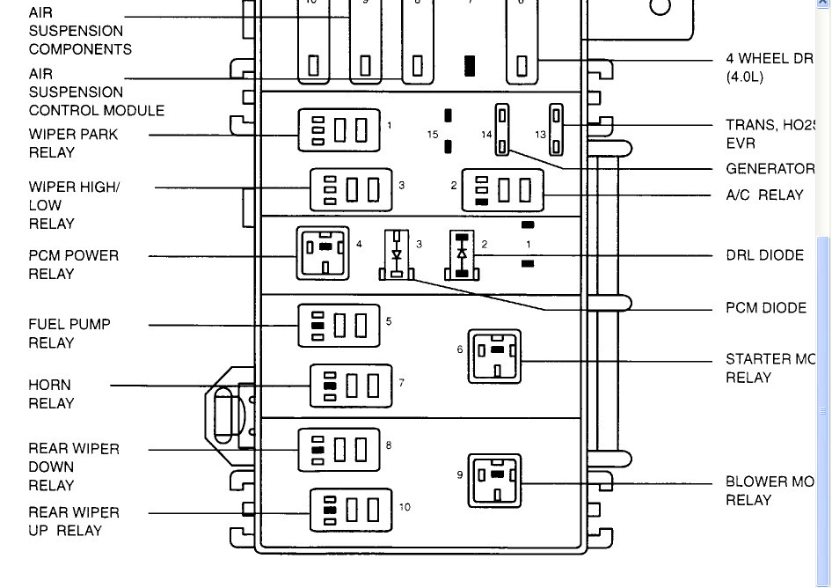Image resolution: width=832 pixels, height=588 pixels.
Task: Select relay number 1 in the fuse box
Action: coord(339,130)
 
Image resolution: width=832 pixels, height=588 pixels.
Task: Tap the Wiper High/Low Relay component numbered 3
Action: coord(350,190)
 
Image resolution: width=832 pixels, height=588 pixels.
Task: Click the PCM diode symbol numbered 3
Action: coord(397,255)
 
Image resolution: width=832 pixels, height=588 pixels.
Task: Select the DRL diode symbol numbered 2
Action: coord(462,255)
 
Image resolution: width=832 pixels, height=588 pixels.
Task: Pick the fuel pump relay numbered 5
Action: coord(339,326)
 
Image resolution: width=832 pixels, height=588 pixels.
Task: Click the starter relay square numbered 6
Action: coord(493,356)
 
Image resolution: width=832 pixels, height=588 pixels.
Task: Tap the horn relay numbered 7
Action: coord(350,386)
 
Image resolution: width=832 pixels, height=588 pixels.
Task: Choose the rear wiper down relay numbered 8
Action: coord(339,450)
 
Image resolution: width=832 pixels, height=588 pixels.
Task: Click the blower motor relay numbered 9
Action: coord(493,481)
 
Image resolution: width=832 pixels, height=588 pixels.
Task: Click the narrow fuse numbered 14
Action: coord(502,129)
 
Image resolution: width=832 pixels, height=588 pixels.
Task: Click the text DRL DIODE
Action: coord(764,255)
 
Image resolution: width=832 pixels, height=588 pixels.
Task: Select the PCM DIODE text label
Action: coord(765,308)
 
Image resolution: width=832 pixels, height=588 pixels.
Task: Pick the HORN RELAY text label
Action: coord(51,394)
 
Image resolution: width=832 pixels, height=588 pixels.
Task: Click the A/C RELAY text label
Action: coord(764,195)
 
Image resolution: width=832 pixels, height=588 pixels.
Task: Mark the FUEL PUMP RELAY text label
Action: coord(69,334)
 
